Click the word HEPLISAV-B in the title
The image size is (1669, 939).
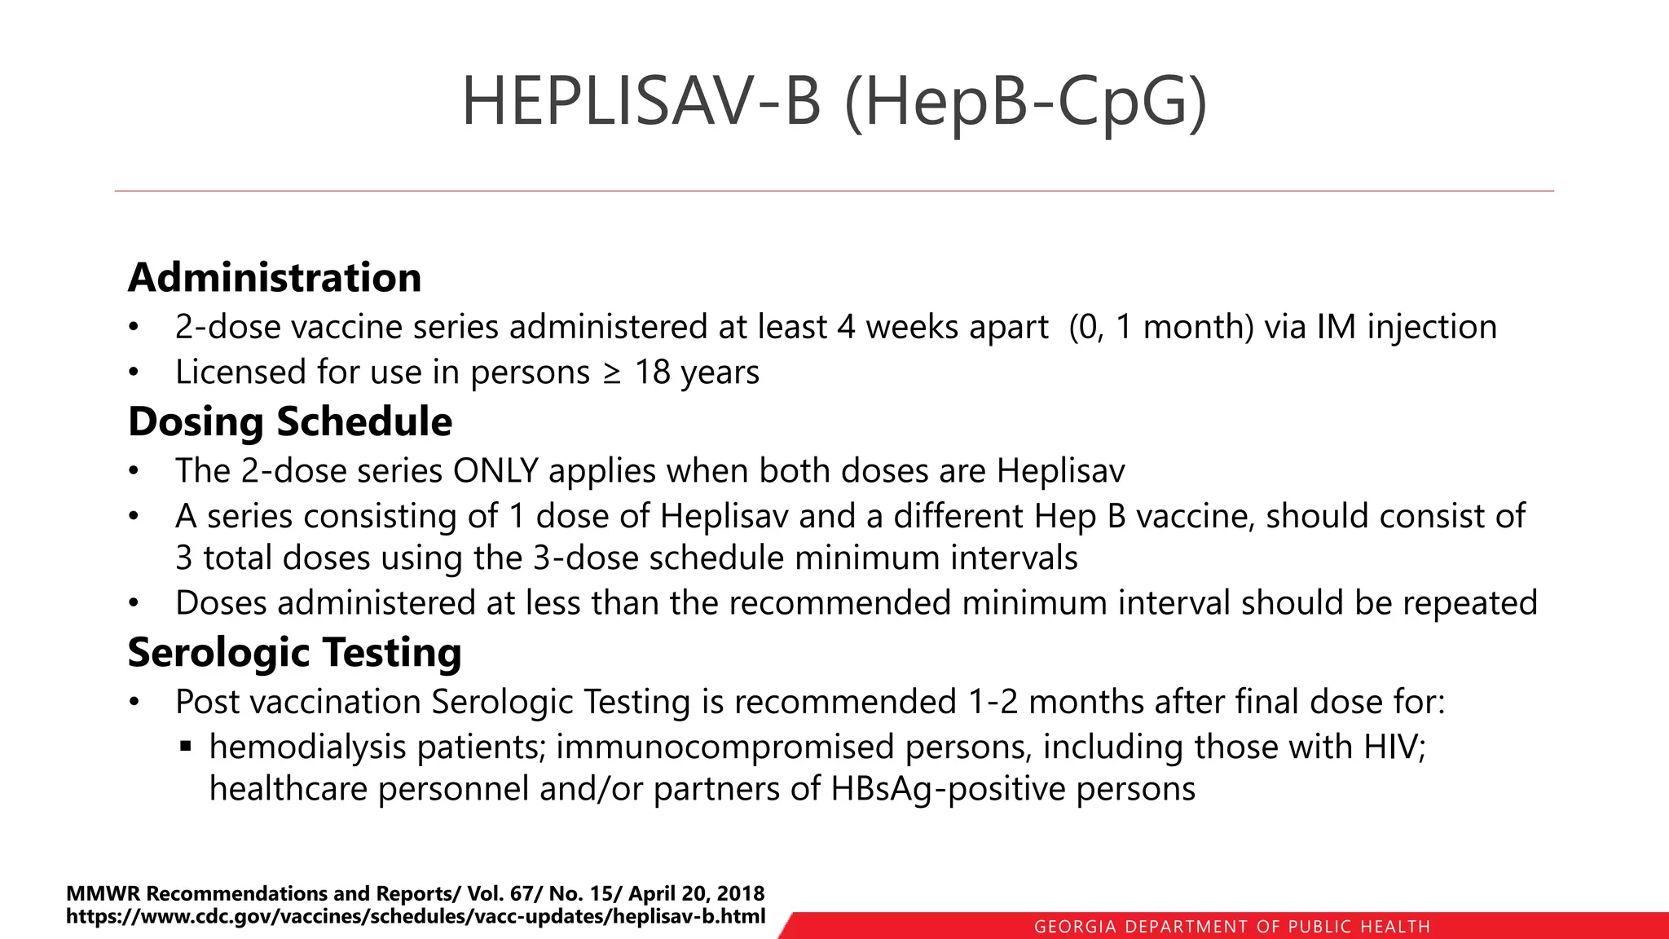tap(641, 101)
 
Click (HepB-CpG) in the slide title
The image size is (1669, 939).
tap(1025, 103)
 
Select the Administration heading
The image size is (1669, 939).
tap(275, 278)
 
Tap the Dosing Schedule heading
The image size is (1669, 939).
tap(290, 422)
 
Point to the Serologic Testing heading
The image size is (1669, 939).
tap(294, 653)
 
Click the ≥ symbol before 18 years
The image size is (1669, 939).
tap(611, 373)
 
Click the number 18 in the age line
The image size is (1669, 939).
tap(652, 373)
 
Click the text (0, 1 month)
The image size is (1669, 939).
tap(1161, 328)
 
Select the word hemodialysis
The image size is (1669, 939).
tap(308, 747)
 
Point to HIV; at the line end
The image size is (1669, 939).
tap(1395, 747)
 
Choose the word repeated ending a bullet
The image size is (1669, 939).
tap(1469, 604)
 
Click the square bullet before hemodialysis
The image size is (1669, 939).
tap(186, 746)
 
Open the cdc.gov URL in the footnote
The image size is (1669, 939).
tap(416, 916)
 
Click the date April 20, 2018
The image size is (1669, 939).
tap(696, 893)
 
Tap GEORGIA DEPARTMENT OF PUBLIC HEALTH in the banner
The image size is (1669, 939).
tap(1231, 927)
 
